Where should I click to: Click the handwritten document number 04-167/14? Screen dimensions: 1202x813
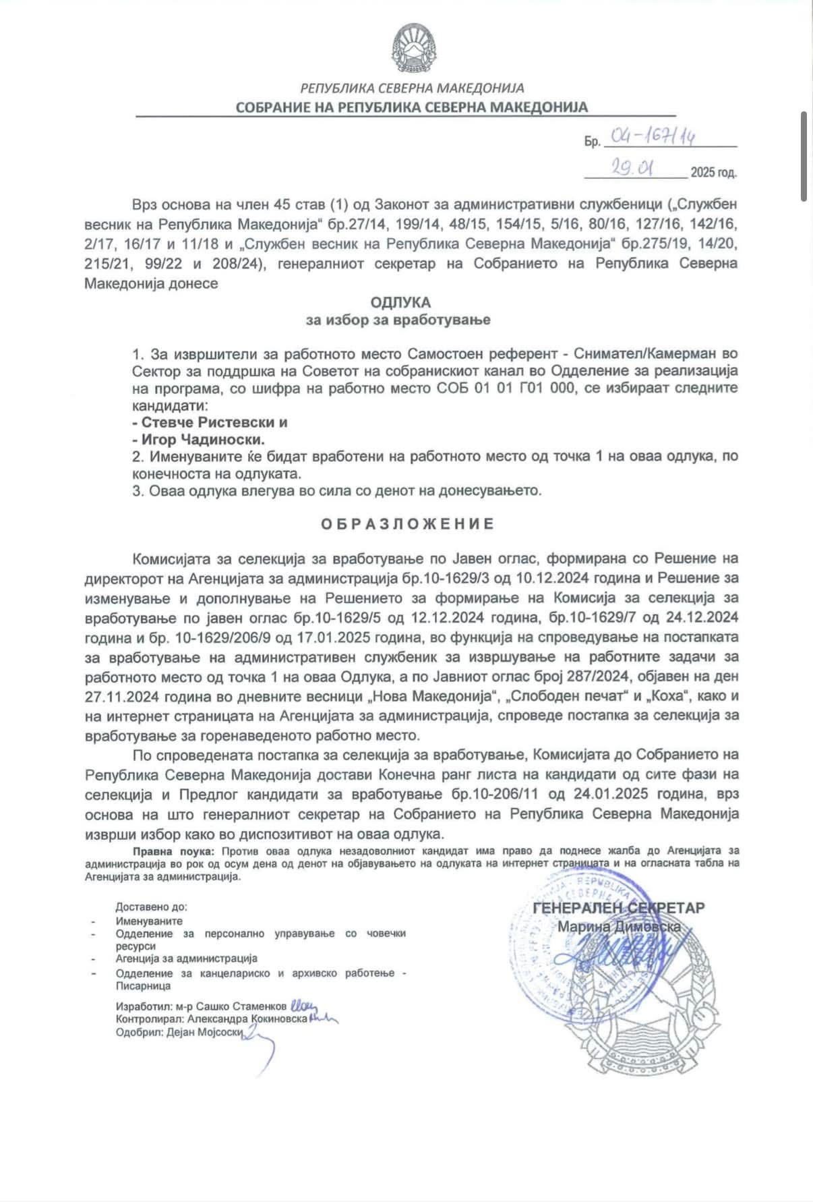652,138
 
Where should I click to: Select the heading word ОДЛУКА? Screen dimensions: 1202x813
400,302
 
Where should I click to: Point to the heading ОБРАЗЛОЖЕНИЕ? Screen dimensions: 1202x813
407,524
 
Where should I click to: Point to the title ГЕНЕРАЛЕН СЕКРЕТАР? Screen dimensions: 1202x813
618,907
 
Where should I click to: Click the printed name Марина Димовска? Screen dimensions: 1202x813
618,927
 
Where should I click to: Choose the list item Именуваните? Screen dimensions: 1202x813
149,921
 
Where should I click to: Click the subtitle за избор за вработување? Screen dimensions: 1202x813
398,320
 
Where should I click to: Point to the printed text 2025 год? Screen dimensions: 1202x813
713,173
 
